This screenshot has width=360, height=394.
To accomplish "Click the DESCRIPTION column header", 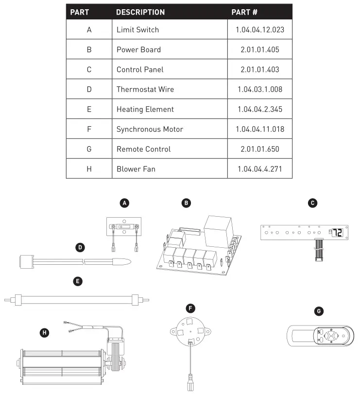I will click(x=140, y=12).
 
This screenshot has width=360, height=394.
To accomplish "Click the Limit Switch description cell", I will click(x=137, y=30).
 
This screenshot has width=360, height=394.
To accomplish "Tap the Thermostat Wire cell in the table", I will click(x=145, y=89).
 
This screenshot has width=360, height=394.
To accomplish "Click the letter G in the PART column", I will click(x=89, y=149).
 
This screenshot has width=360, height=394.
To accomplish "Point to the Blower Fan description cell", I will click(x=136, y=169).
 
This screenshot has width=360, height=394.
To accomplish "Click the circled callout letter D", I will click(x=80, y=247).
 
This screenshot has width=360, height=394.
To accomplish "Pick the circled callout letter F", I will click(x=191, y=308).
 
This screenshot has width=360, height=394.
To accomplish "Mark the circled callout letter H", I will click(x=44, y=332).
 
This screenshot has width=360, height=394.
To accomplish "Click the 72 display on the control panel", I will click(x=337, y=233).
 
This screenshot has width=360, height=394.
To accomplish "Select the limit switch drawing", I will click(x=123, y=226).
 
